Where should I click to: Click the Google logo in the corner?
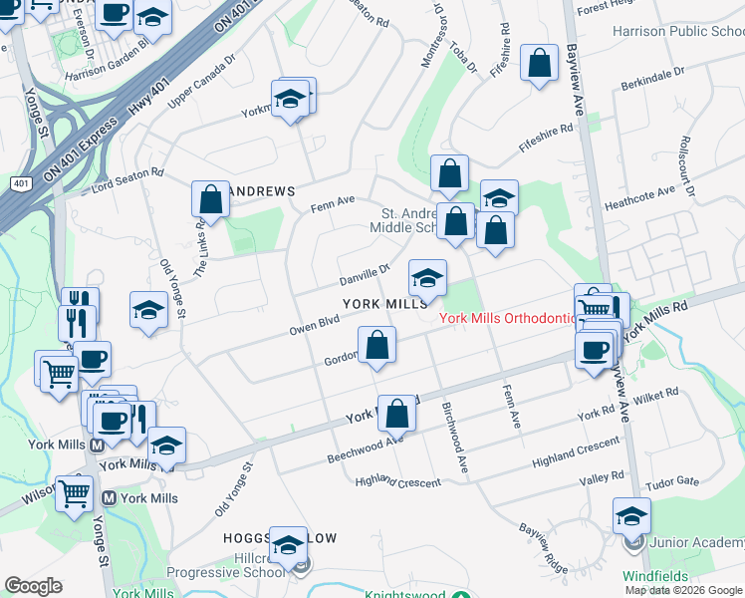(x=34, y=586)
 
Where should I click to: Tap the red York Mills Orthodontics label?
(x=509, y=318)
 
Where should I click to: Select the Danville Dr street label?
(x=365, y=273)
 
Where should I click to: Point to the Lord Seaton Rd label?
(x=126, y=179)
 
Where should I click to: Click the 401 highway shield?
(x=20, y=185)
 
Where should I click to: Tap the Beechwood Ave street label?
(x=366, y=448)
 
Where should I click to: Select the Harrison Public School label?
(x=678, y=32)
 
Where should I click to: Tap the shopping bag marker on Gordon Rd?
(x=376, y=347)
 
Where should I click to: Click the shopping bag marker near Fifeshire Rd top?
(x=539, y=65)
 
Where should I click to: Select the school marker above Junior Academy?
(x=631, y=516)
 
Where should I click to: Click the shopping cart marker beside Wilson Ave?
(x=75, y=493)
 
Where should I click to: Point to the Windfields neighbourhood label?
(x=655, y=576)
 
